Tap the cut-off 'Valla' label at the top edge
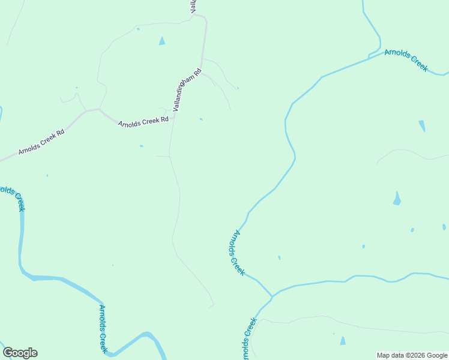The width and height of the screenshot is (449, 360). click(x=193, y=7)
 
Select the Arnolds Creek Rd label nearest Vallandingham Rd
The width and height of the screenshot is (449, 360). click(x=143, y=122)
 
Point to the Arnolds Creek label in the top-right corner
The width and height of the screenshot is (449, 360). click(x=406, y=60)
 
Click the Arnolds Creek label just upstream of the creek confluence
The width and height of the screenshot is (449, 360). click(x=237, y=253)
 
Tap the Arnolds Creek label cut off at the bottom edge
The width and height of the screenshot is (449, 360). click(x=249, y=339)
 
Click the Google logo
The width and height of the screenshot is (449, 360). click(x=20, y=353)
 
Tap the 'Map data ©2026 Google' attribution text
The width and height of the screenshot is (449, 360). click(x=412, y=355)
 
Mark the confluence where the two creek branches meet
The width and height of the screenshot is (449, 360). click(x=272, y=296)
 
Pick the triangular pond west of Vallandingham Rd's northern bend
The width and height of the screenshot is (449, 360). click(x=161, y=41)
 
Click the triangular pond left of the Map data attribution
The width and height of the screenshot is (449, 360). click(x=343, y=341)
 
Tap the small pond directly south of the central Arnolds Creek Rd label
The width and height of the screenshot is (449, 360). click(x=142, y=146)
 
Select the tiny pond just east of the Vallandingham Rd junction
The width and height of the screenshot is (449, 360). click(x=201, y=119)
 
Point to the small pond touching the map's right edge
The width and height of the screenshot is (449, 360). click(x=444, y=227)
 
